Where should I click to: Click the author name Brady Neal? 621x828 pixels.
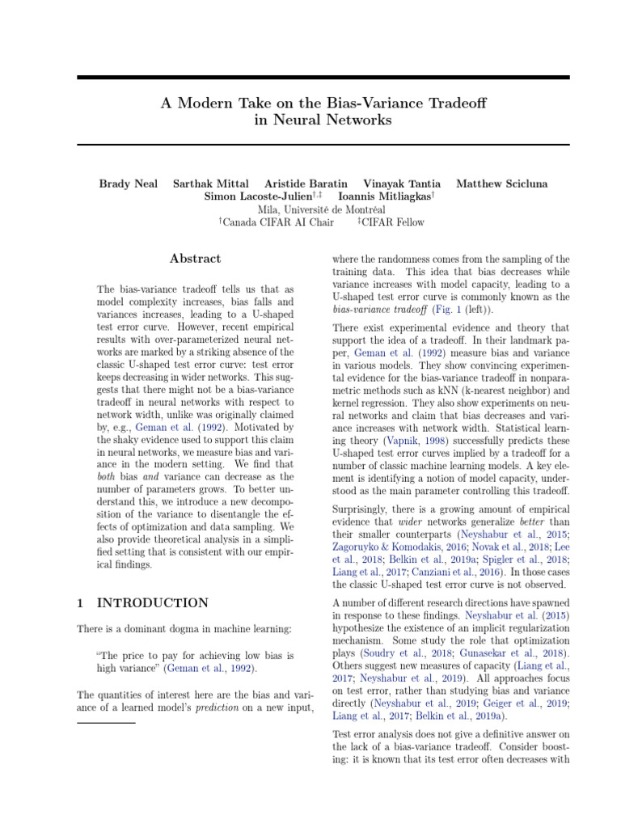128,184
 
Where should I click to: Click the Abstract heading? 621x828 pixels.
195,259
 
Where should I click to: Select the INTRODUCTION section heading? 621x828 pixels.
152,602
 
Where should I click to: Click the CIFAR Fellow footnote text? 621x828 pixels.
394,222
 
